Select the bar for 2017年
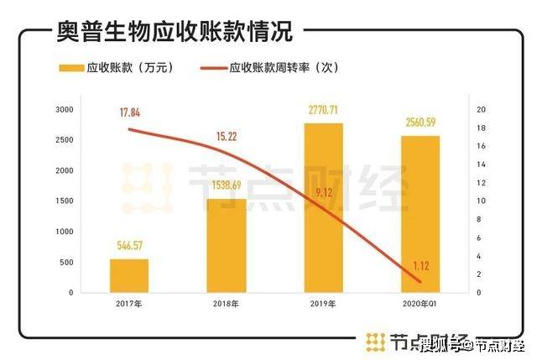129,275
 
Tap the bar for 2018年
227,245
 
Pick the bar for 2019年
323,207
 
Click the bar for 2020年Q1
420,214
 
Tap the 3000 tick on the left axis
65,110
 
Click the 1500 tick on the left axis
65,201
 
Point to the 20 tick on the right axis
480,110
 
